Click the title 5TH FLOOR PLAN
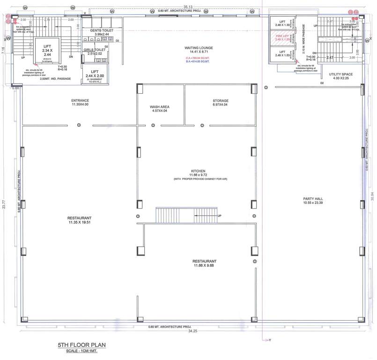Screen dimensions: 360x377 [82, 345]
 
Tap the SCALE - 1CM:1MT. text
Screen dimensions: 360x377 [82, 351]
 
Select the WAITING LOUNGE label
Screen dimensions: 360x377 [200, 48]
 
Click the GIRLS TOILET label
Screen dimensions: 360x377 [95, 50]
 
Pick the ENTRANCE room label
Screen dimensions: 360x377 [80, 101]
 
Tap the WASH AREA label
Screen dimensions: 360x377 [159, 107]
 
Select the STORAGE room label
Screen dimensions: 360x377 [220, 101]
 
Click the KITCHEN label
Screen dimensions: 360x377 [198, 171]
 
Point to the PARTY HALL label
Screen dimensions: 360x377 [313, 199]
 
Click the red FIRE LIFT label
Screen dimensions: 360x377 [282, 36]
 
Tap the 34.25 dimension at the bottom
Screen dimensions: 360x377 [188, 331]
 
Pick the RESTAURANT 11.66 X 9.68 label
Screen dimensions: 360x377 [204, 261]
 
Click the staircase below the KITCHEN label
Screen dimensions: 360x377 [175, 216]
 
